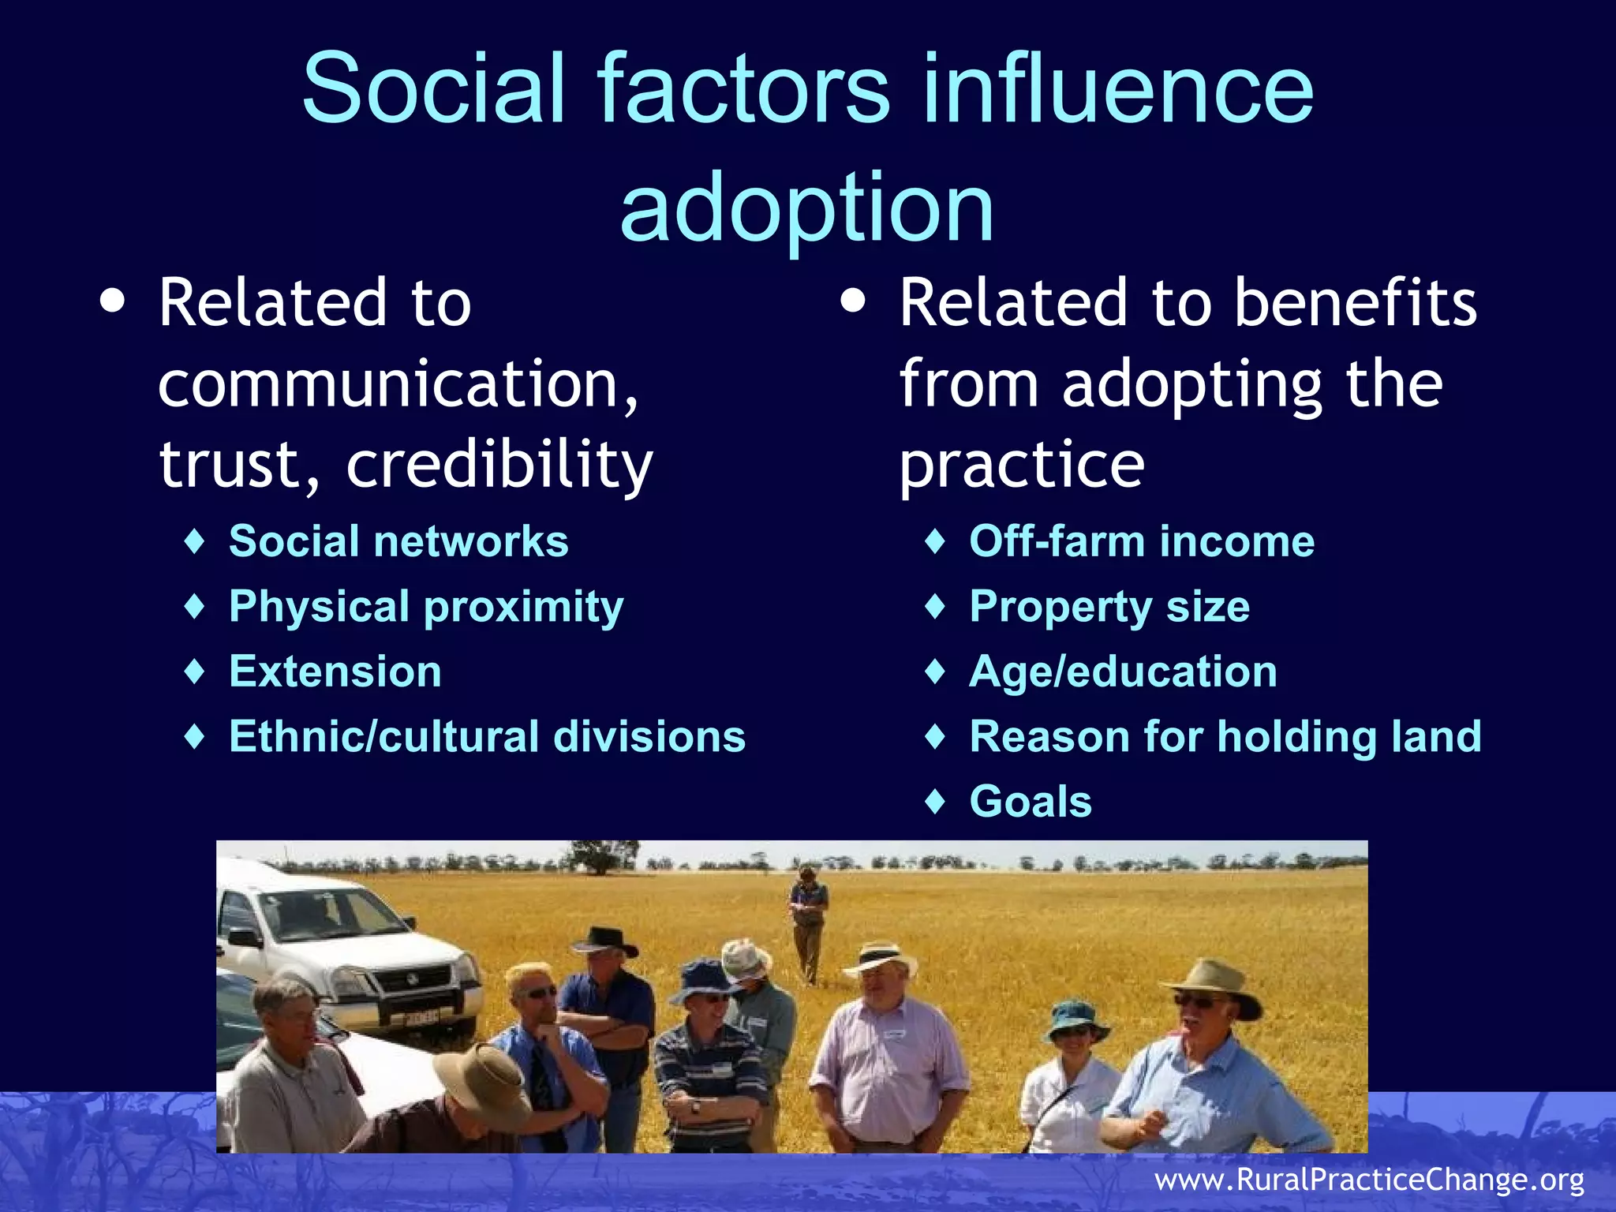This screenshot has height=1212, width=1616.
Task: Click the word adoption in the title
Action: tap(806, 209)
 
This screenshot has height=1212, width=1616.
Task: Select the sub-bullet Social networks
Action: tap(398, 541)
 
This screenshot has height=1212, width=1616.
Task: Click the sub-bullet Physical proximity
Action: tap(426, 607)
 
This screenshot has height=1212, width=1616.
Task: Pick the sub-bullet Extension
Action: tap(335, 671)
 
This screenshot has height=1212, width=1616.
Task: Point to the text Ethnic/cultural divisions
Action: tap(487, 736)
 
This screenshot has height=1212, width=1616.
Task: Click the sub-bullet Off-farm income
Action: tap(1142, 541)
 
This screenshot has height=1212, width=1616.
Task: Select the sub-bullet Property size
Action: tap(1109, 607)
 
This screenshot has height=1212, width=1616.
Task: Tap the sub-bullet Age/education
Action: tap(1123, 671)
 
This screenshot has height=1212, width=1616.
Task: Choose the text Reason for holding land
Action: tap(1225, 736)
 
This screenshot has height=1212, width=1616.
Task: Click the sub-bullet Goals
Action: tap(1031, 801)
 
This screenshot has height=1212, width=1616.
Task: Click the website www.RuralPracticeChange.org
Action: tap(1369, 1180)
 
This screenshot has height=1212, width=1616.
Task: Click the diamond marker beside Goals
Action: tap(935, 801)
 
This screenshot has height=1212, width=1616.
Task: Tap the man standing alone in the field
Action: tap(807, 923)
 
